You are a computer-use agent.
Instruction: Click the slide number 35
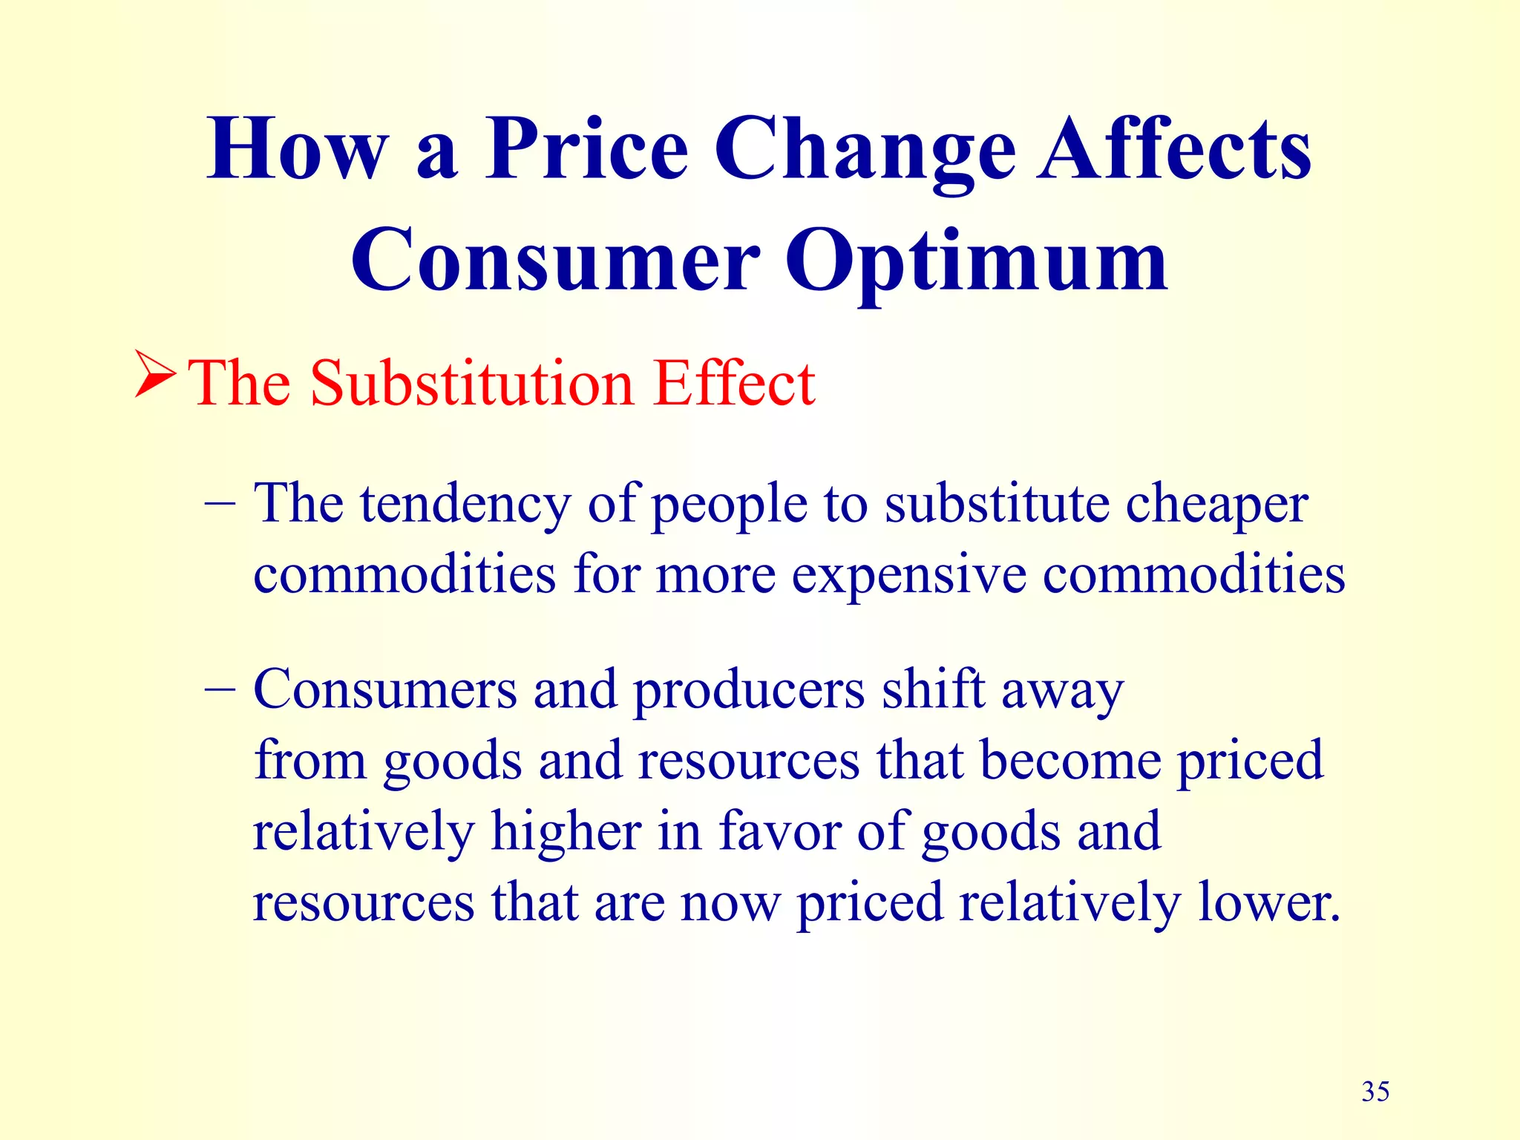pos(1375,1092)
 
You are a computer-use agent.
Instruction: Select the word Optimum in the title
pos(976,261)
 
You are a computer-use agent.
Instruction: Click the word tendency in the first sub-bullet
pos(465,505)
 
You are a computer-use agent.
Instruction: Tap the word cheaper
pos(1216,505)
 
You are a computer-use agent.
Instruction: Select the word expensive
pos(908,575)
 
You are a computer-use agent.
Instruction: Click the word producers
pos(749,690)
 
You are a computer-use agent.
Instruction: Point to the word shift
pos(933,690)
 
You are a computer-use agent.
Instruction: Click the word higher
pos(566,831)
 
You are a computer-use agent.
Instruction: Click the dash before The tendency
pos(220,505)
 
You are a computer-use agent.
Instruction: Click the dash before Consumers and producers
pos(220,690)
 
